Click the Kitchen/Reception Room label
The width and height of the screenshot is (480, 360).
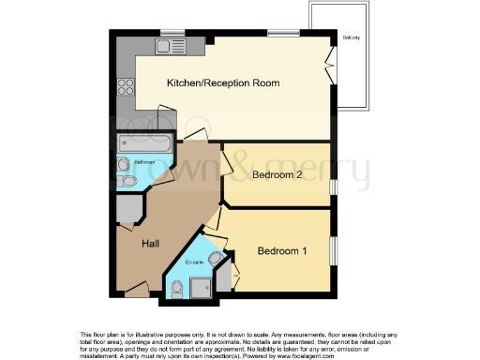[x=223, y=83]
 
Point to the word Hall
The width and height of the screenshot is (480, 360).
[x=149, y=244]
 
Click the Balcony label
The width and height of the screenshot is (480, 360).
[x=352, y=37]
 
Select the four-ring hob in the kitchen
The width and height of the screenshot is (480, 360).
[x=126, y=86]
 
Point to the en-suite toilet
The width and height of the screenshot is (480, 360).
[x=217, y=258]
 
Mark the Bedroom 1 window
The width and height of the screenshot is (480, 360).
[x=333, y=252]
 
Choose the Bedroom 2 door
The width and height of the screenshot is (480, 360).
[x=227, y=164]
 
